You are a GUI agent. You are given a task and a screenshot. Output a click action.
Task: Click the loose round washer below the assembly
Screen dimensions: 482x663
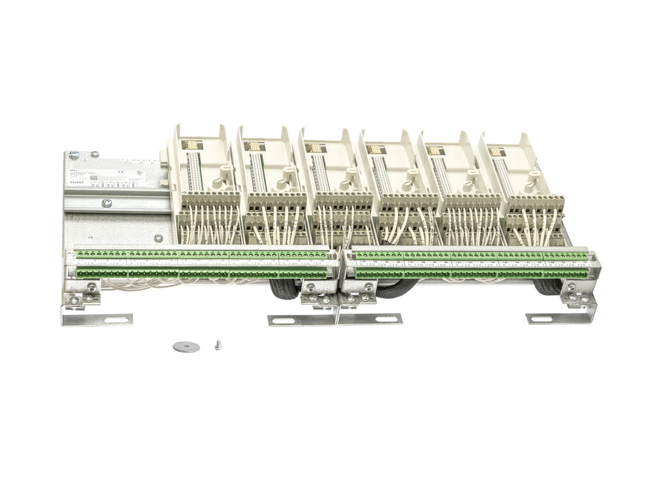(x=186, y=346)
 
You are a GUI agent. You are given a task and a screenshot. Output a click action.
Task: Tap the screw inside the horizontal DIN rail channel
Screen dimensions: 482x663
(x=107, y=202)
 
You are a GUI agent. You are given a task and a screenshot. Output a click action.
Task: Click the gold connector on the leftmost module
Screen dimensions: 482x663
(x=191, y=145)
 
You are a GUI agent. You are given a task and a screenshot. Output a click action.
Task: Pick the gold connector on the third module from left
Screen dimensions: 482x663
(x=316, y=147)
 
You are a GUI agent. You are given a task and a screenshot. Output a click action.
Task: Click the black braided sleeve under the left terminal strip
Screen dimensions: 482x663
(x=282, y=290)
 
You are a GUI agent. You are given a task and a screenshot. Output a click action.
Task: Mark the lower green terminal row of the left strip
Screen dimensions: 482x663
(x=200, y=274)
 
